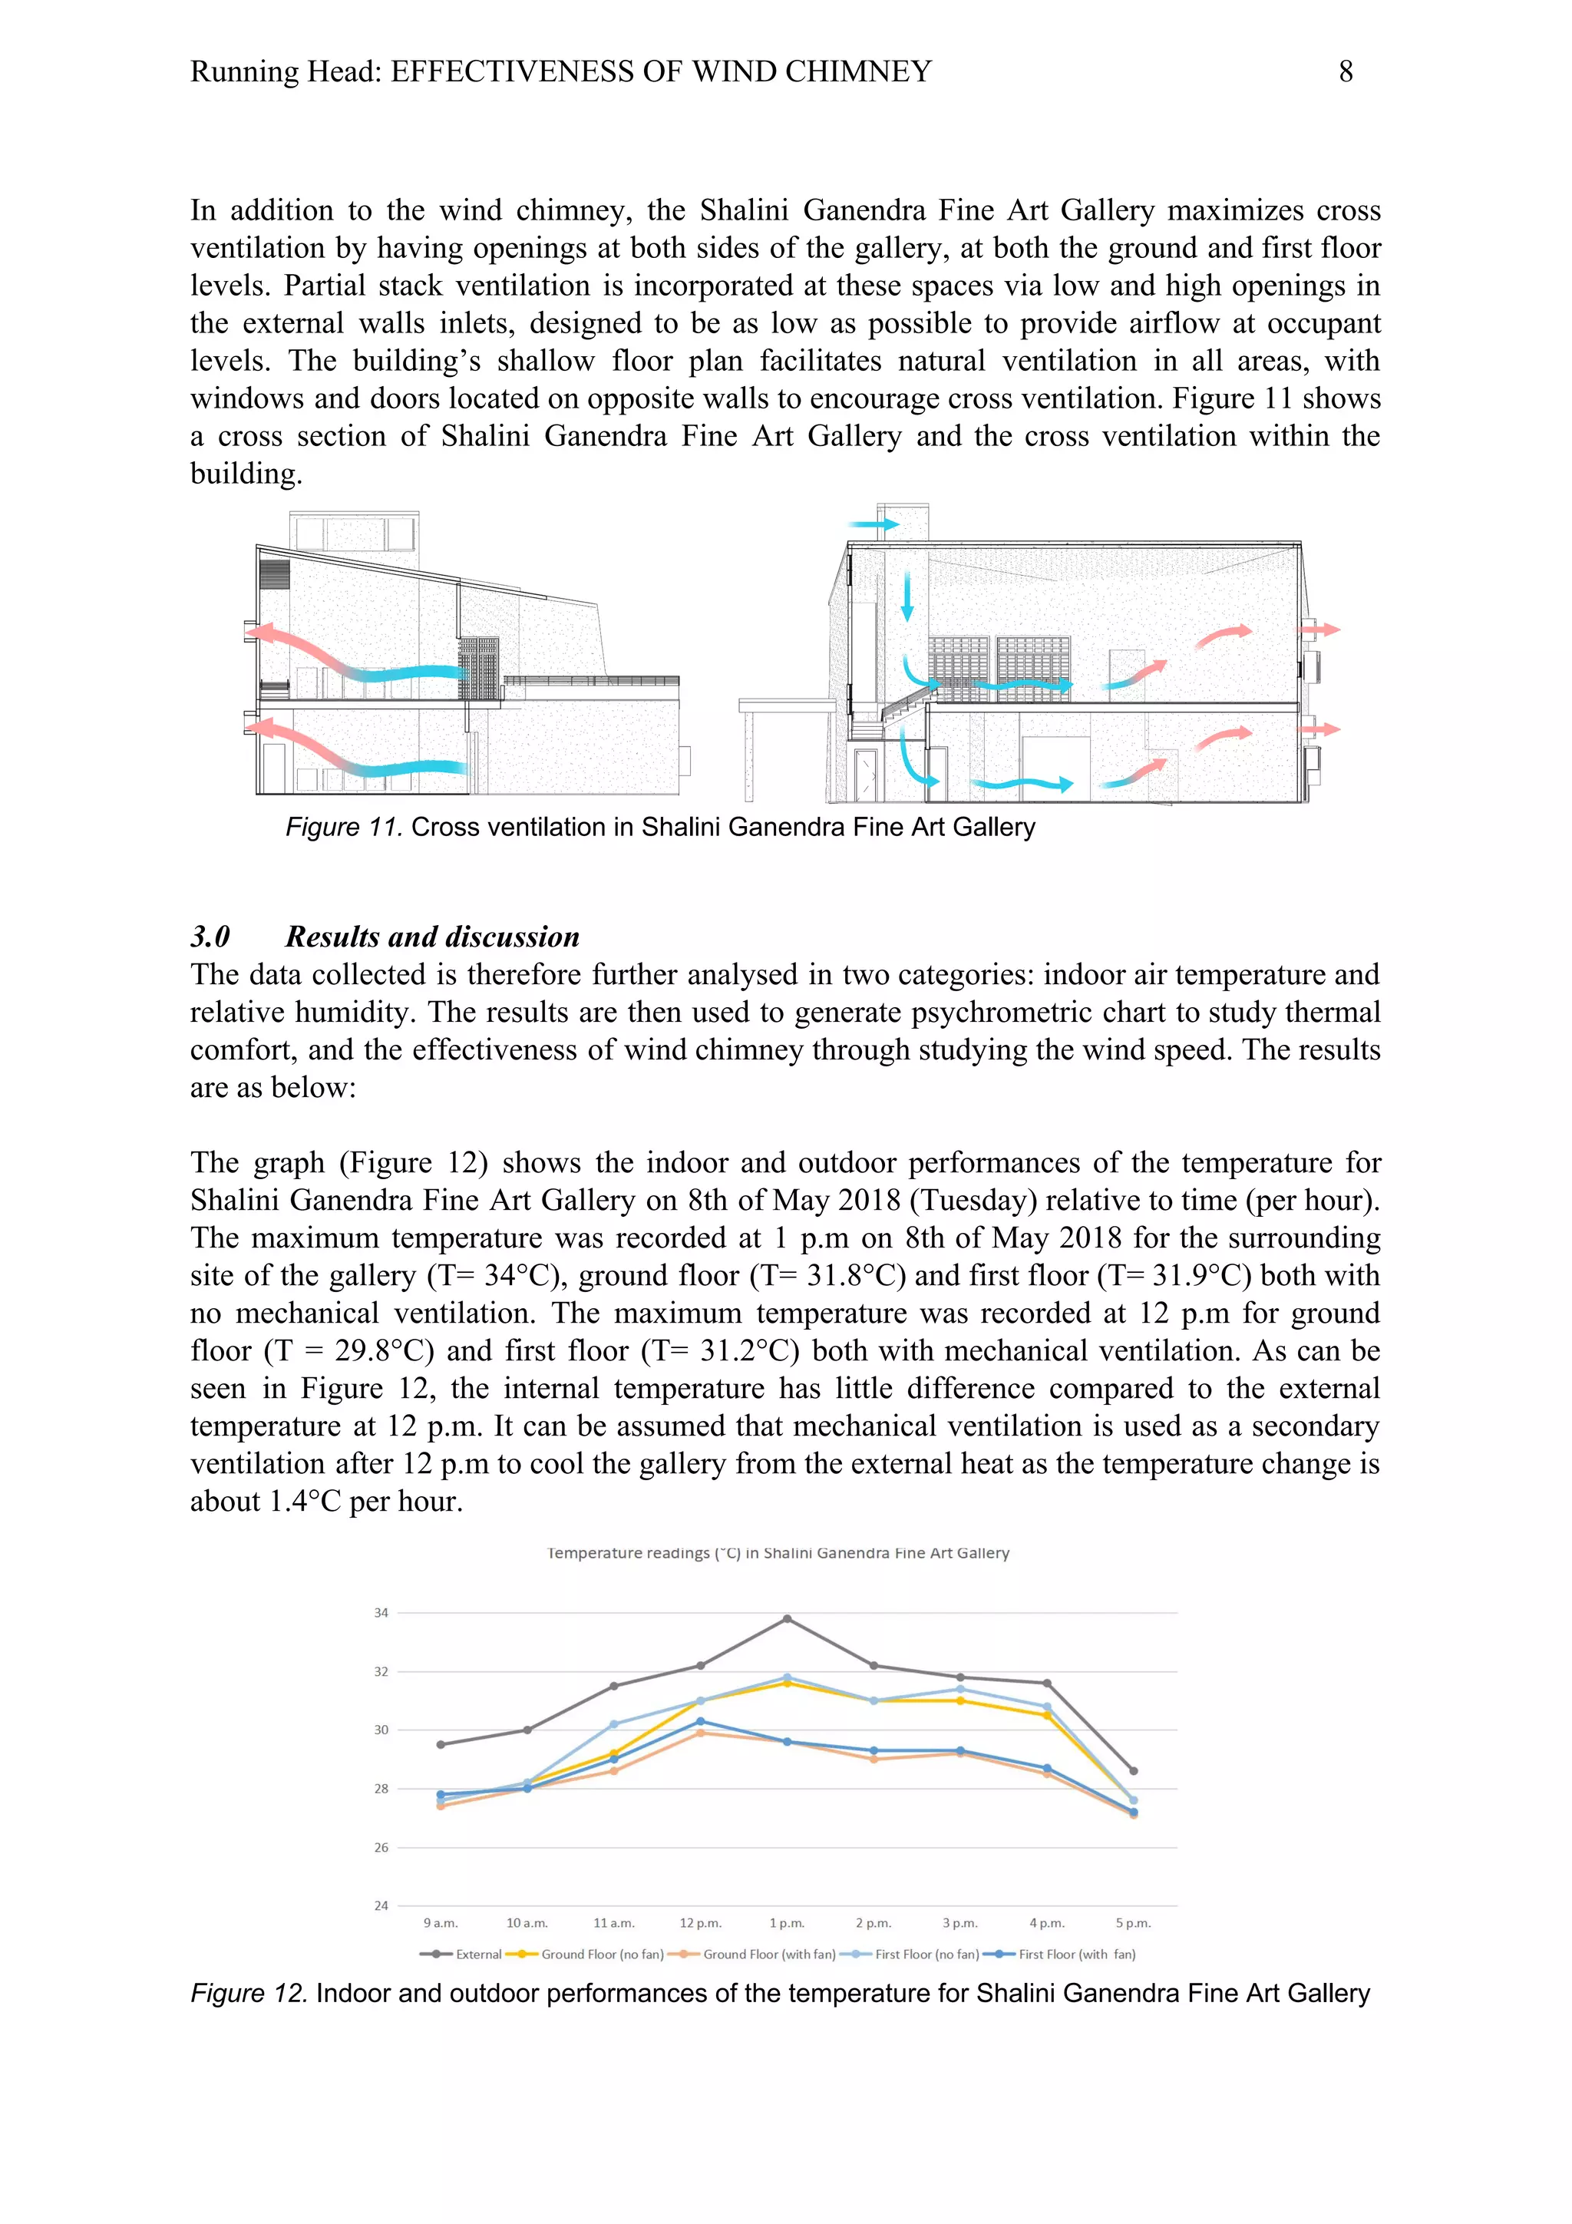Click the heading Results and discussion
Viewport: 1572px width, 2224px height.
click(x=431, y=937)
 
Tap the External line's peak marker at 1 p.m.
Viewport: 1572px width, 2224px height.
click(x=787, y=1618)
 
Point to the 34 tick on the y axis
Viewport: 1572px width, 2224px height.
click(x=381, y=1613)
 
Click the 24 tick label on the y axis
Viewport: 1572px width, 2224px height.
click(x=381, y=1905)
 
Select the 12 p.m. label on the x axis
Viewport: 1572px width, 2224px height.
click(x=700, y=1923)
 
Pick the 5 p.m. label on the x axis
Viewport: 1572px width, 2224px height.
click(x=1132, y=1923)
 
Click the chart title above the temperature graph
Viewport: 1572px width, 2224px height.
click(x=778, y=1554)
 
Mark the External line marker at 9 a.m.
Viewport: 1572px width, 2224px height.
click(x=441, y=1744)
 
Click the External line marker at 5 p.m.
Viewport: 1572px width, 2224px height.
click(x=1133, y=1770)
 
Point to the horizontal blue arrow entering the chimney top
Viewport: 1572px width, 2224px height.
click(x=874, y=525)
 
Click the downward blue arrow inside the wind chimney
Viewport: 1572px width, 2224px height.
click(x=907, y=595)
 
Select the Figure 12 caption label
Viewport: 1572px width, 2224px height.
click(x=249, y=1994)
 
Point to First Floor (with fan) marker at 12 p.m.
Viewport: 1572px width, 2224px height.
click(x=700, y=1721)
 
